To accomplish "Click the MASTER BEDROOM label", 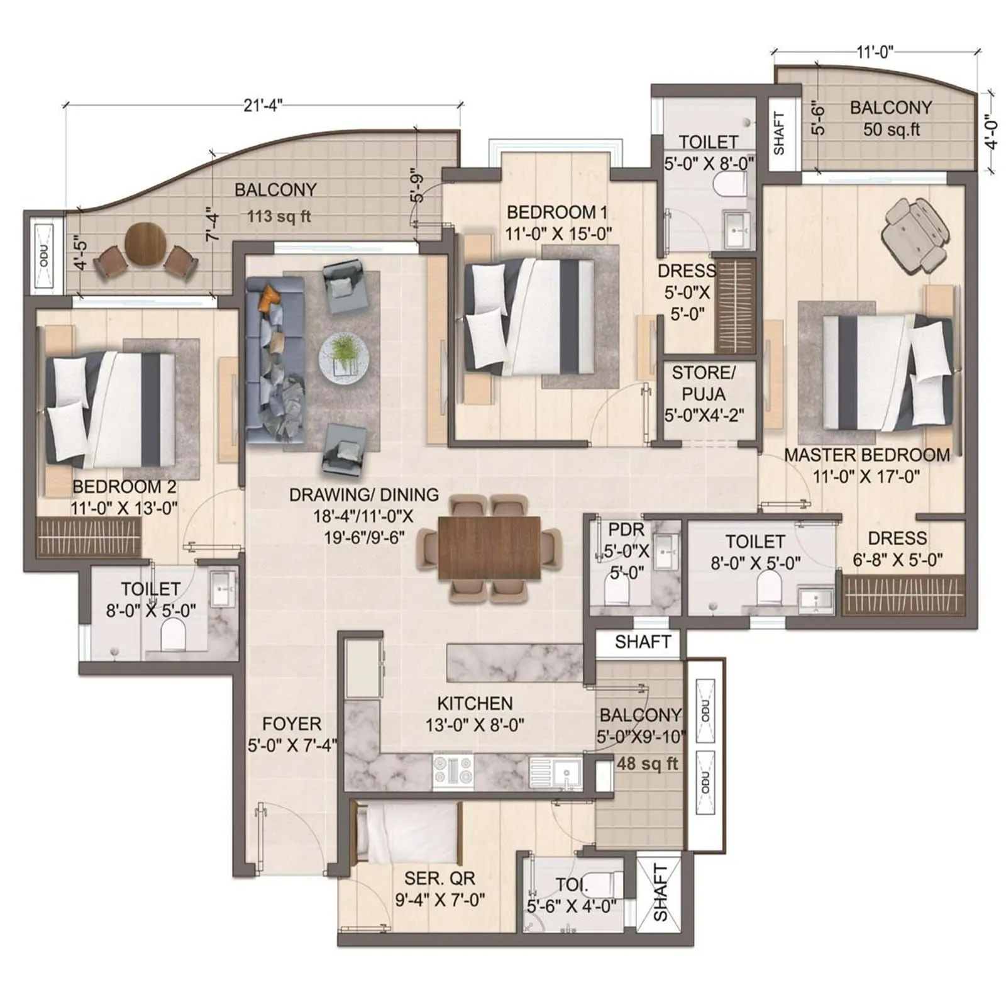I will click(866, 455).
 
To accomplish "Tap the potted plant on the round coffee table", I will click(343, 353).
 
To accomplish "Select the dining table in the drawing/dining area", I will click(489, 547).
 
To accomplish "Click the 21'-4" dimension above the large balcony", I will click(262, 105).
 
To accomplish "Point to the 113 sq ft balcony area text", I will click(279, 216).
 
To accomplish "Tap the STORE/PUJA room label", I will click(704, 383).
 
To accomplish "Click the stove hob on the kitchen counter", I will click(453, 771).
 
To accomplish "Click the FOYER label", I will click(291, 723).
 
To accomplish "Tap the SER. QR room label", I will click(439, 877).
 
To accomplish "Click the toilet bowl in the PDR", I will click(616, 591).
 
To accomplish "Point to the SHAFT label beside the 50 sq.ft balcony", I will click(779, 133).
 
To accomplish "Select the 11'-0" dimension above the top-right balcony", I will click(875, 52).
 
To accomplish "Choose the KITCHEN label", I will click(475, 703).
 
